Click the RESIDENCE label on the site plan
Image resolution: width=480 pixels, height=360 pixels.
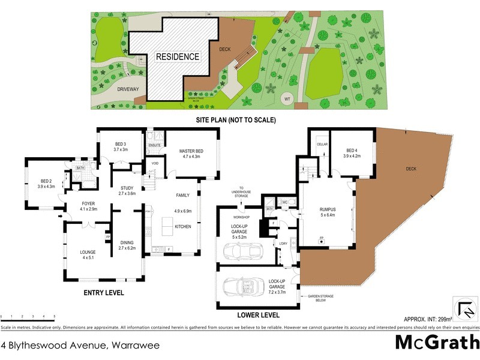177,56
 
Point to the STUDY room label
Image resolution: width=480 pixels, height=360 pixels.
127,191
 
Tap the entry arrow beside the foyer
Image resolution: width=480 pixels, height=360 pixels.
61,217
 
